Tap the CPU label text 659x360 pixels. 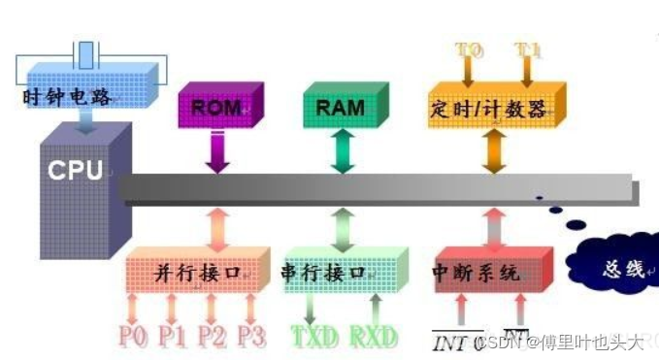tap(75, 172)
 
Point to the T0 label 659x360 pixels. tap(469, 49)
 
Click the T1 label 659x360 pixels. tap(527, 49)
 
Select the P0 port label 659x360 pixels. tap(135, 336)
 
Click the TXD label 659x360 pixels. tap(314, 337)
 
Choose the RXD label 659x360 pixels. tap(374, 337)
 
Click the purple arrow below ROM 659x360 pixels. tap(217, 153)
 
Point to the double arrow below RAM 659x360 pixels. tap(341, 152)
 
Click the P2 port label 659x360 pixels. tap(213, 336)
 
